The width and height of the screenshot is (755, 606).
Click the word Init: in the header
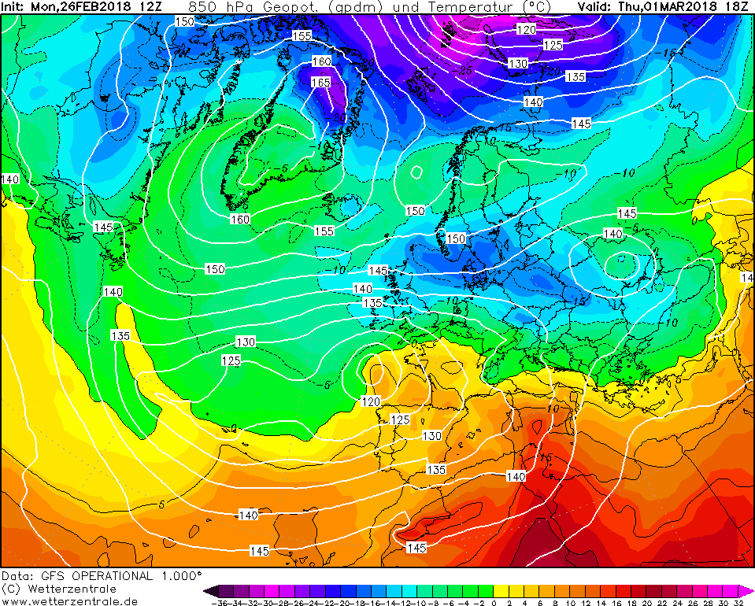click(14, 7)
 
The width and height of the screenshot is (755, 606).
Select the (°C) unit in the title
click(531, 7)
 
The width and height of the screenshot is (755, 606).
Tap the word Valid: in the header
click(594, 7)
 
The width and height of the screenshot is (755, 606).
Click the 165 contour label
click(320, 83)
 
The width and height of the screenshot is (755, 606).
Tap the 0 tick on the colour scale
click(494, 602)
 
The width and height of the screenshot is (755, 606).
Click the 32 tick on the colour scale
click(738, 602)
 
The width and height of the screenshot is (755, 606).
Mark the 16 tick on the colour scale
click(616, 602)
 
